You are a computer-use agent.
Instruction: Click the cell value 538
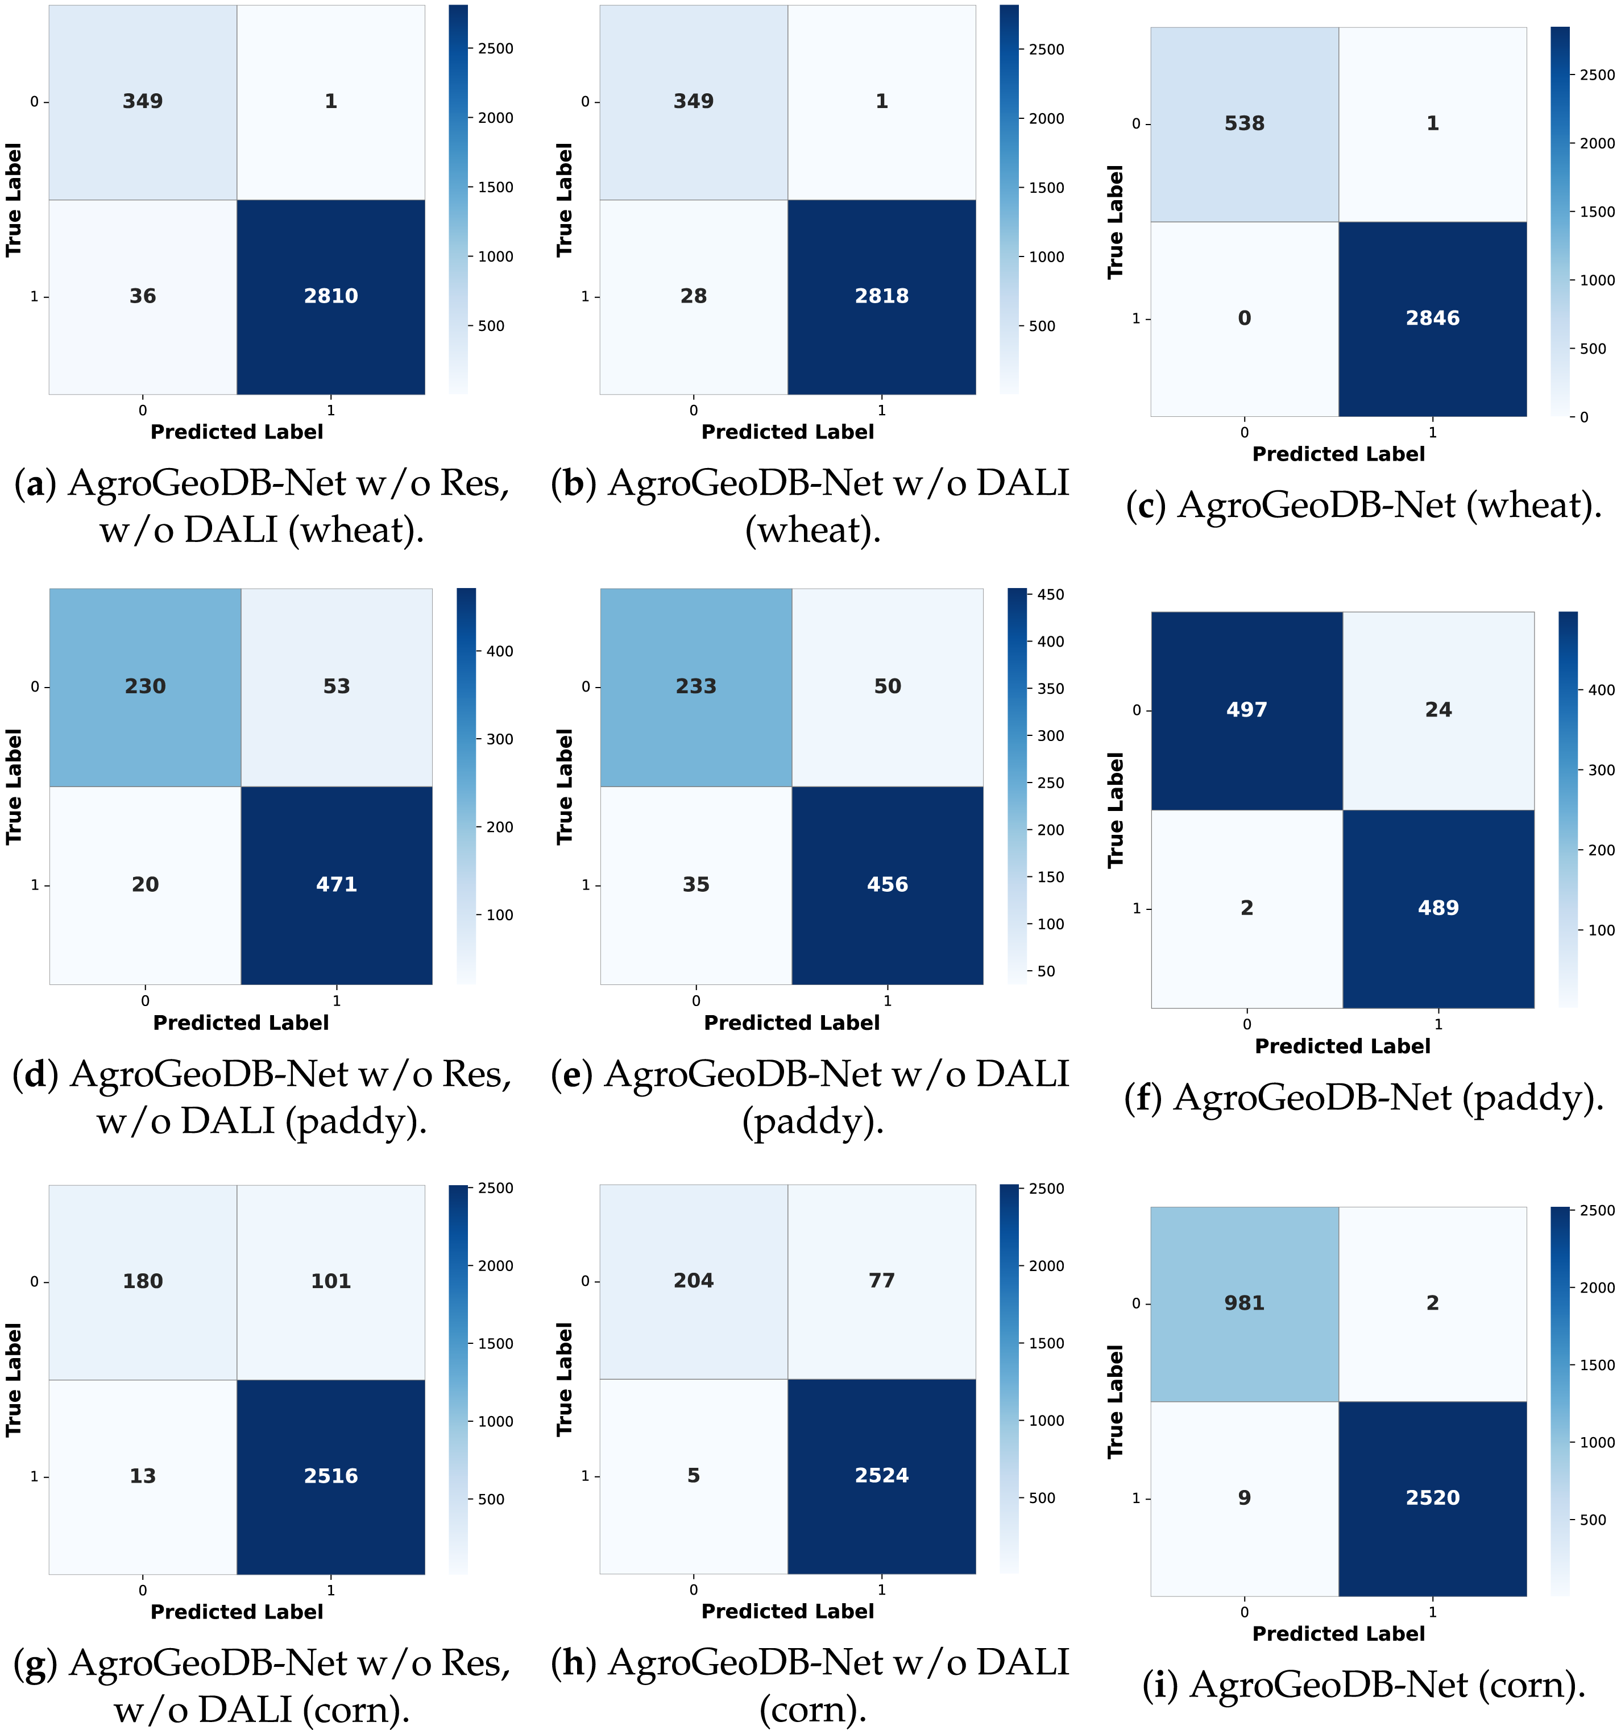coord(1243,123)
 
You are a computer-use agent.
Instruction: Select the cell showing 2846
coord(1432,318)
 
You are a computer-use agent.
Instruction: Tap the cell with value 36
coord(143,296)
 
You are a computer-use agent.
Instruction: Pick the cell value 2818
coord(881,296)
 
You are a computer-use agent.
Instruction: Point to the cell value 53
coord(336,686)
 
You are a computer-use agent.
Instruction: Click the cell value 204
coord(694,1280)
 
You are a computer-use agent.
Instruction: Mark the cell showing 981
coord(1243,1303)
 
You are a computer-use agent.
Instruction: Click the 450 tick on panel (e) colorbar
coord(1050,595)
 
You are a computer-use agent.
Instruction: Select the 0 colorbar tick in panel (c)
coord(1583,417)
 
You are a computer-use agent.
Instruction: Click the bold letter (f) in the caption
coord(1144,1098)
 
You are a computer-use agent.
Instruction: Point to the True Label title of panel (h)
coord(565,1379)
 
